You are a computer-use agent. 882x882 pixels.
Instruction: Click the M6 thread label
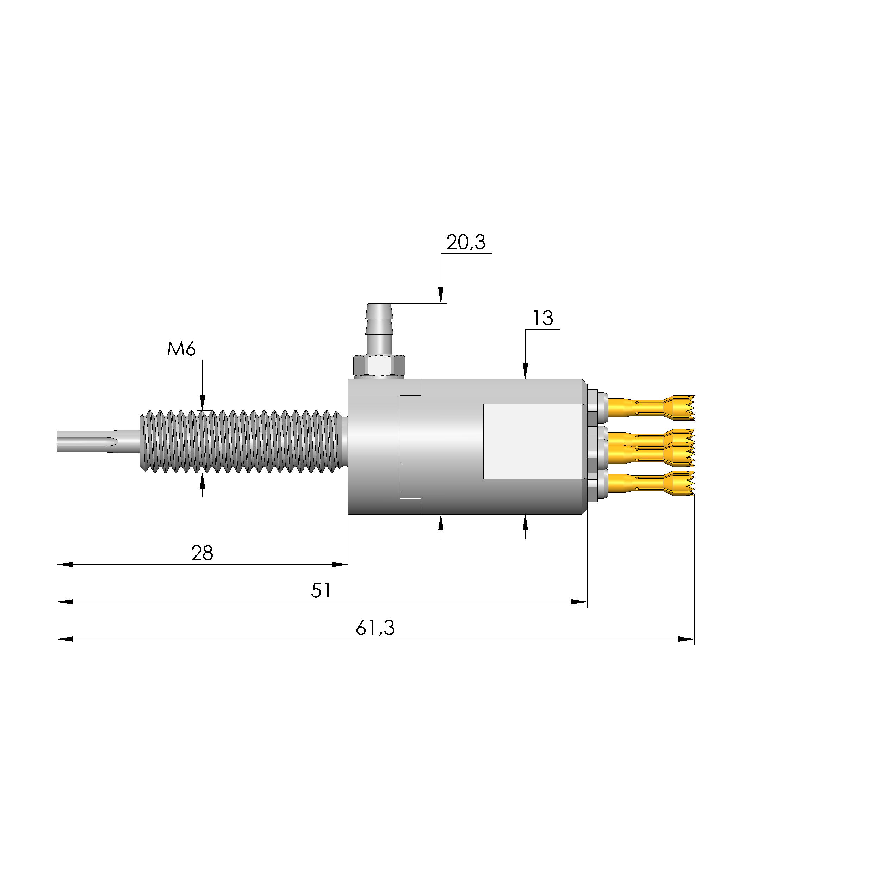coord(181,349)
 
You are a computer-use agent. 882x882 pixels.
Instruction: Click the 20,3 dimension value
coord(466,242)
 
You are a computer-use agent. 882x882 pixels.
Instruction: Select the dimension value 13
coord(542,318)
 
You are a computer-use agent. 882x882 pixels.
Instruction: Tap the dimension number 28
coord(202,553)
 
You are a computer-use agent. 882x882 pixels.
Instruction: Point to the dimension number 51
coord(321,591)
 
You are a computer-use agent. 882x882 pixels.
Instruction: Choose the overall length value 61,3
coord(375,628)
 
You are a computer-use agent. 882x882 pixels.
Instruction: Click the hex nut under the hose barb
coord(379,366)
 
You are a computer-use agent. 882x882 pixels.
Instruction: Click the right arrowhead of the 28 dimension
coord(340,565)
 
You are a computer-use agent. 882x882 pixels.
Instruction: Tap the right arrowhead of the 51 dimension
coord(579,602)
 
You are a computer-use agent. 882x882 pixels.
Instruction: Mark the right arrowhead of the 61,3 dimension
coord(686,639)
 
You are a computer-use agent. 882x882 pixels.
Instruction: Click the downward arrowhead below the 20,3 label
coord(441,296)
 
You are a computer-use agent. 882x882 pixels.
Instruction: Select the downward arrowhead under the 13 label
coord(525,371)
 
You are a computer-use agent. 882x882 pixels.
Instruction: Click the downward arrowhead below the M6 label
coord(203,402)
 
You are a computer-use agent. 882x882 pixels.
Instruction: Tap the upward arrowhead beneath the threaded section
coord(203,481)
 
